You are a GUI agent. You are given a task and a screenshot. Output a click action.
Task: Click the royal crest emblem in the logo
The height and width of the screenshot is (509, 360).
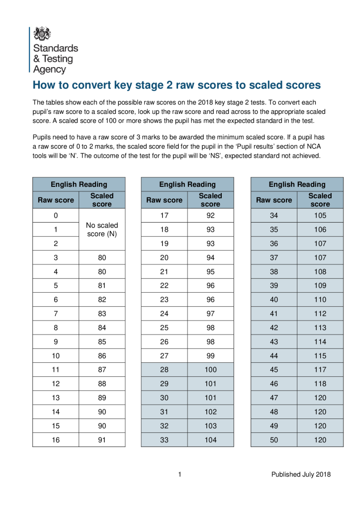(x=42, y=33)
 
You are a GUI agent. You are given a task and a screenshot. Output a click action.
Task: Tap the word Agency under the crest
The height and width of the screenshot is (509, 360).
(x=49, y=69)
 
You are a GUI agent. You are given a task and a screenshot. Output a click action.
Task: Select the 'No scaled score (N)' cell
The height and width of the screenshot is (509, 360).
(x=102, y=230)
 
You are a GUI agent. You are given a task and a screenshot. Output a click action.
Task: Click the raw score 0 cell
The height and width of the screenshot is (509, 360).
(x=56, y=216)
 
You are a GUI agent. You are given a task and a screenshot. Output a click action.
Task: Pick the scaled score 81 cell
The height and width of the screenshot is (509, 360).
(x=102, y=286)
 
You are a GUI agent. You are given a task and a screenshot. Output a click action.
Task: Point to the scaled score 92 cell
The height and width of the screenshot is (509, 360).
(x=210, y=216)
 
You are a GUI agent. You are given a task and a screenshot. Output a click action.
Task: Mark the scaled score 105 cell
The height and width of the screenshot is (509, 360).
(x=320, y=216)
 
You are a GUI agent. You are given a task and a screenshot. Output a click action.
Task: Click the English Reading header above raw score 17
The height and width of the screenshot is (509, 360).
(x=187, y=184)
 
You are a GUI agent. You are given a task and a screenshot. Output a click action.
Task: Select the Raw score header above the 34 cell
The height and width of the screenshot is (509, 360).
(x=274, y=200)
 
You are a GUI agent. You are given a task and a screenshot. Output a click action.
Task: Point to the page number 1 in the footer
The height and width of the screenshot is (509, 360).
(x=180, y=474)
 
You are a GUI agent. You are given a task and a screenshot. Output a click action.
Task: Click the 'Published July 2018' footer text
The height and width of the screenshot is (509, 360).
(x=300, y=474)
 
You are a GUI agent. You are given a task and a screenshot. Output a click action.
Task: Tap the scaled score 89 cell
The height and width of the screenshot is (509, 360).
(x=102, y=397)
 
